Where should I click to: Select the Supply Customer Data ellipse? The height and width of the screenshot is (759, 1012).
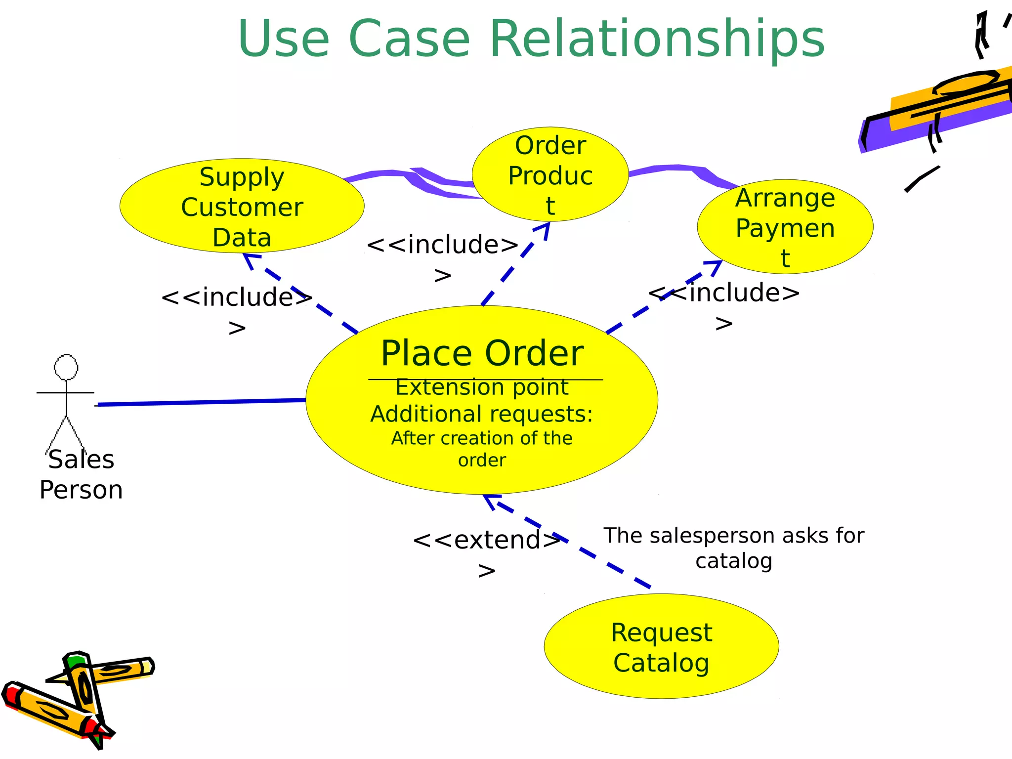(x=242, y=206)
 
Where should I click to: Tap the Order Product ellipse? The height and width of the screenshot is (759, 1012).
(x=550, y=174)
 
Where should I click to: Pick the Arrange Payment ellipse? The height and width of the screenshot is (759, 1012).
(x=785, y=226)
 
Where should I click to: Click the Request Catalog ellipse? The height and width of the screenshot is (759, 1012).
(x=661, y=646)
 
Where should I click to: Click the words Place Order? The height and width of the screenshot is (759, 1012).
(x=482, y=354)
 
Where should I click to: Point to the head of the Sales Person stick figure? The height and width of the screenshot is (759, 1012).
(x=66, y=367)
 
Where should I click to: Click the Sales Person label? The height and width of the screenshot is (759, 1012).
(x=81, y=474)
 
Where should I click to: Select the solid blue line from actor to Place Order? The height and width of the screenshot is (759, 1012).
(x=198, y=403)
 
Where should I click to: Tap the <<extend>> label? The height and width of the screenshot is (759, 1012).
(x=487, y=540)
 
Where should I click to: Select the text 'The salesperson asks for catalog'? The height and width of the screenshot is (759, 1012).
(x=734, y=548)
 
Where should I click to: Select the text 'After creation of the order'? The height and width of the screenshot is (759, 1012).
(x=482, y=449)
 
